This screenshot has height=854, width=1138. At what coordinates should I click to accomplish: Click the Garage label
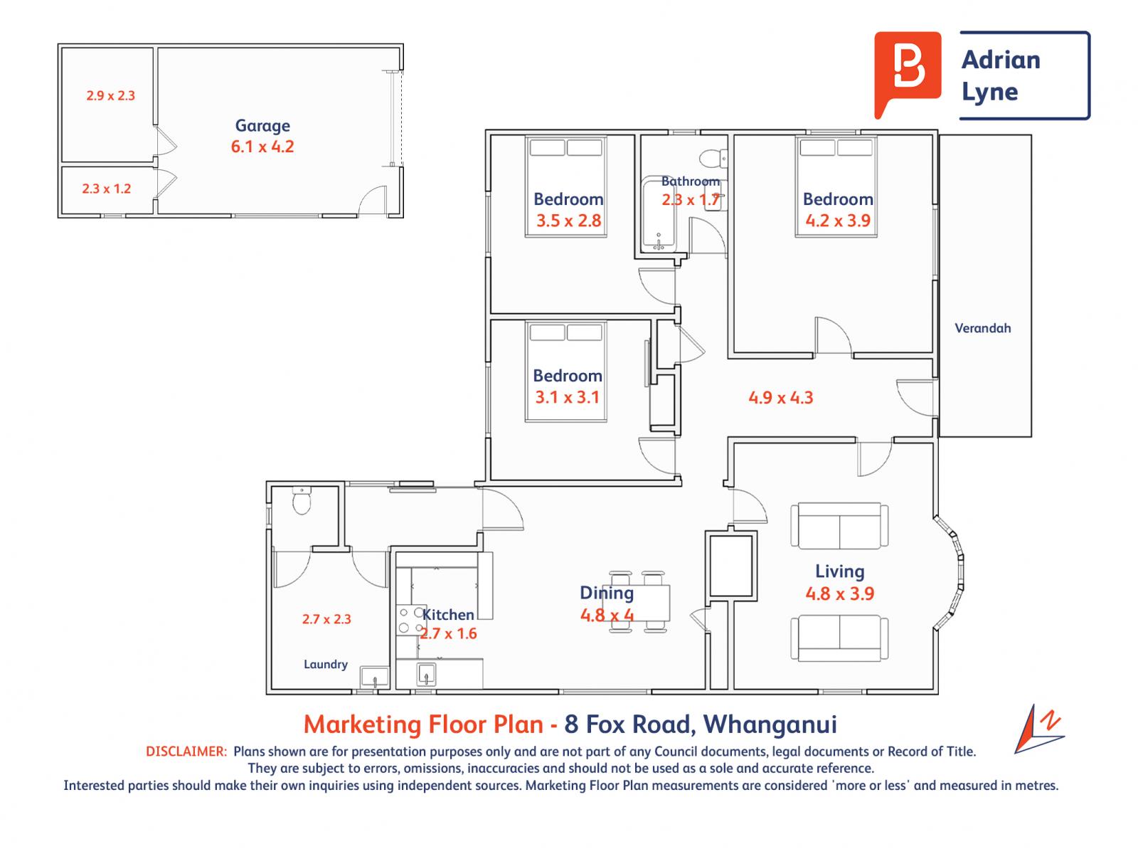pyautogui.click(x=262, y=126)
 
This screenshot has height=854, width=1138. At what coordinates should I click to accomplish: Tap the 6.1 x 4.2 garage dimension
pyautogui.click(x=262, y=147)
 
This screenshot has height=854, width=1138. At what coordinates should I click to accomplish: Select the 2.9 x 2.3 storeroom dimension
pyautogui.click(x=110, y=95)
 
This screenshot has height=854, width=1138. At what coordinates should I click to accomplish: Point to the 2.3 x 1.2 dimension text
pyautogui.click(x=106, y=189)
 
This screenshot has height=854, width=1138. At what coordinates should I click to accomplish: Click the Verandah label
pyautogui.click(x=982, y=328)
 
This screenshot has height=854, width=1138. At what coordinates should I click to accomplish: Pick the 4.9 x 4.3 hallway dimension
pyautogui.click(x=780, y=398)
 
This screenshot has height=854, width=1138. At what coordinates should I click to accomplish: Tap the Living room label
pyautogui.click(x=839, y=571)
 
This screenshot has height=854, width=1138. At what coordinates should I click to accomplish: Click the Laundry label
pyautogui.click(x=326, y=664)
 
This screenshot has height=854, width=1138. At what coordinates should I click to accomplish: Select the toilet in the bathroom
pyautogui.click(x=713, y=158)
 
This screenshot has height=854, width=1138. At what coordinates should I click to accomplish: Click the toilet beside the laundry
pyautogui.click(x=302, y=500)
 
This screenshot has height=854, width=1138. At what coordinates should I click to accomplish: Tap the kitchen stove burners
pyautogui.click(x=411, y=620)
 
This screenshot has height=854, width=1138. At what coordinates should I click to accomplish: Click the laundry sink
pyautogui.click(x=374, y=678)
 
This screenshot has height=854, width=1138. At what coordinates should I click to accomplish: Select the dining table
pyautogui.click(x=637, y=603)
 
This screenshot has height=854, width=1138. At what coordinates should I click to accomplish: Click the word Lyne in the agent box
pyautogui.click(x=990, y=93)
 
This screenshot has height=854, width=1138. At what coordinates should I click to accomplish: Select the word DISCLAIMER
pyautogui.click(x=186, y=752)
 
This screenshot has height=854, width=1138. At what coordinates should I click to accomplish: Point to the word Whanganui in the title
pyautogui.click(x=770, y=724)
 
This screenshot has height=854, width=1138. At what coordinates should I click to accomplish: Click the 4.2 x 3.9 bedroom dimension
pyautogui.click(x=837, y=221)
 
